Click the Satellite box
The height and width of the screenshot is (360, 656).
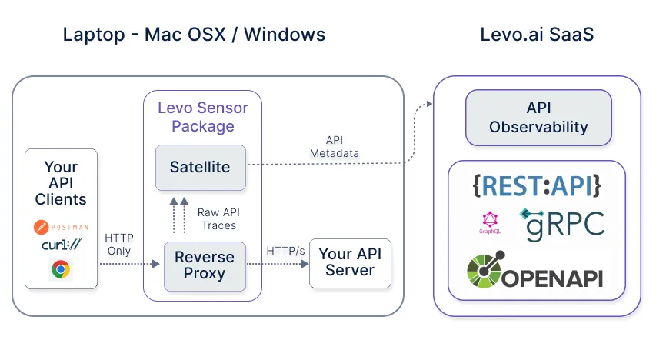[x=201, y=168]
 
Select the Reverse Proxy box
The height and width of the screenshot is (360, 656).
[x=205, y=266]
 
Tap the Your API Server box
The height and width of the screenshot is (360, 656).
[x=350, y=263]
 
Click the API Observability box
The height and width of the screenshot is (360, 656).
[x=538, y=118]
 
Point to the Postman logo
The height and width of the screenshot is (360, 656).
[x=61, y=227]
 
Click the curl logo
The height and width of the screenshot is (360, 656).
[x=61, y=244]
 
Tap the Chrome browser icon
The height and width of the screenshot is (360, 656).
[x=61, y=269]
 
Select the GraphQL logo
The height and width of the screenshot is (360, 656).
[x=489, y=222]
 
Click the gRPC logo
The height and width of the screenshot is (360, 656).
[x=562, y=225]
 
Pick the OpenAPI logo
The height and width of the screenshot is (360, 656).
[x=535, y=270]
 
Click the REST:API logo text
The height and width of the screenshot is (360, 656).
[x=537, y=186]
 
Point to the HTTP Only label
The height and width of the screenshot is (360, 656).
[x=118, y=244]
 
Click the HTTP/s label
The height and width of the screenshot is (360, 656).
[x=286, y=251]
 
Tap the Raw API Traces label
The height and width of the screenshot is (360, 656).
[x=218, y=219]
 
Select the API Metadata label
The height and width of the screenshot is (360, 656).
[x=335, y=146]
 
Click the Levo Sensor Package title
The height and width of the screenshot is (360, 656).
[x=203, y=117]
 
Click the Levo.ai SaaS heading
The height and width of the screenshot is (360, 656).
[x=537, y=35]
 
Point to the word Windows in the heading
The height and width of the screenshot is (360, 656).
[x=285, y=35]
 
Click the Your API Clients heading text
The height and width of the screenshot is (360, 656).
[x=61, y=183]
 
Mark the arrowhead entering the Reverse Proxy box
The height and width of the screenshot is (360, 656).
[x=156, y=264]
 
